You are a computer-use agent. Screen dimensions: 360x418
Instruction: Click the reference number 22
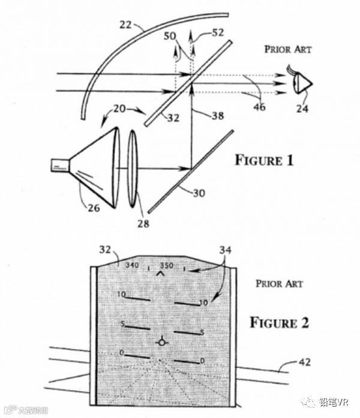click(127, 25)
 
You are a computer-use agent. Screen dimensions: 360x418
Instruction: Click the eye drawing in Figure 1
click(302, 83)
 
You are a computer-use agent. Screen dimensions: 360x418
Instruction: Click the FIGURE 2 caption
click(279, 323)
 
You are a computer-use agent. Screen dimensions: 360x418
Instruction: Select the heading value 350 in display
click(167, 265)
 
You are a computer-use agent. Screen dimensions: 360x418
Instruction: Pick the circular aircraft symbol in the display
click(160, 342)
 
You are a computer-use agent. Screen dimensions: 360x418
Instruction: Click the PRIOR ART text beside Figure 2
click(279, 283)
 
